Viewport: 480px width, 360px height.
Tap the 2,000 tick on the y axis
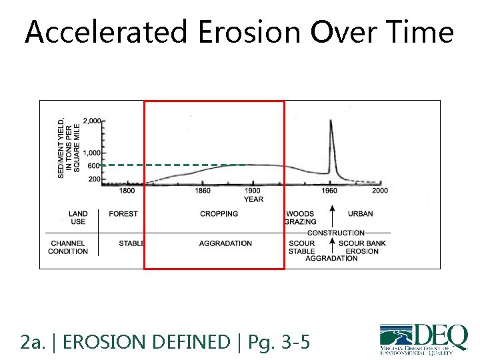pos(92,121)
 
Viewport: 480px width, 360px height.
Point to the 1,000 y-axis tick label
pos(92,153)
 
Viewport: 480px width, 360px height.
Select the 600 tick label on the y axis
pos(94,166)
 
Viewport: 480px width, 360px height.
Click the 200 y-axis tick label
pos(94,179)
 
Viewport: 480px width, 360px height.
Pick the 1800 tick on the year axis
pos(127,191)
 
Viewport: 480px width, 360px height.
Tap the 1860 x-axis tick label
pos(203,191)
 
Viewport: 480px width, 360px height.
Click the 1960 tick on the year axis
pos(330,191)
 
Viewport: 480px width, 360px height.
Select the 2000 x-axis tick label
pos(379,191)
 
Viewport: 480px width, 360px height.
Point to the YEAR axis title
pos(253,199)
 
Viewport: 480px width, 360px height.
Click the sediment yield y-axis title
pos(69,148)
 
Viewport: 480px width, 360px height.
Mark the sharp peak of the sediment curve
pos(331,122)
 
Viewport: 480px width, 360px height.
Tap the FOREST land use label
pos(123,214)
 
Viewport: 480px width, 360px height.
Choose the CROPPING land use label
pos(219,214)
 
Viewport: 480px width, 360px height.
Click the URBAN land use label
pos(361,214)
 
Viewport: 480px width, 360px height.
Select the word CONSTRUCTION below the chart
pos(336,233)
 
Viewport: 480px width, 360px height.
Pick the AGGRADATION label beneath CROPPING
pos(225,243)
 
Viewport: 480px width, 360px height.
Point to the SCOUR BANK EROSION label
pos(362,247)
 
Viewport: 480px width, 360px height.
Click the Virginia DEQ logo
pos(423,339)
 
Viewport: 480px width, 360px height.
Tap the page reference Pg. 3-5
pos(279,343)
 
